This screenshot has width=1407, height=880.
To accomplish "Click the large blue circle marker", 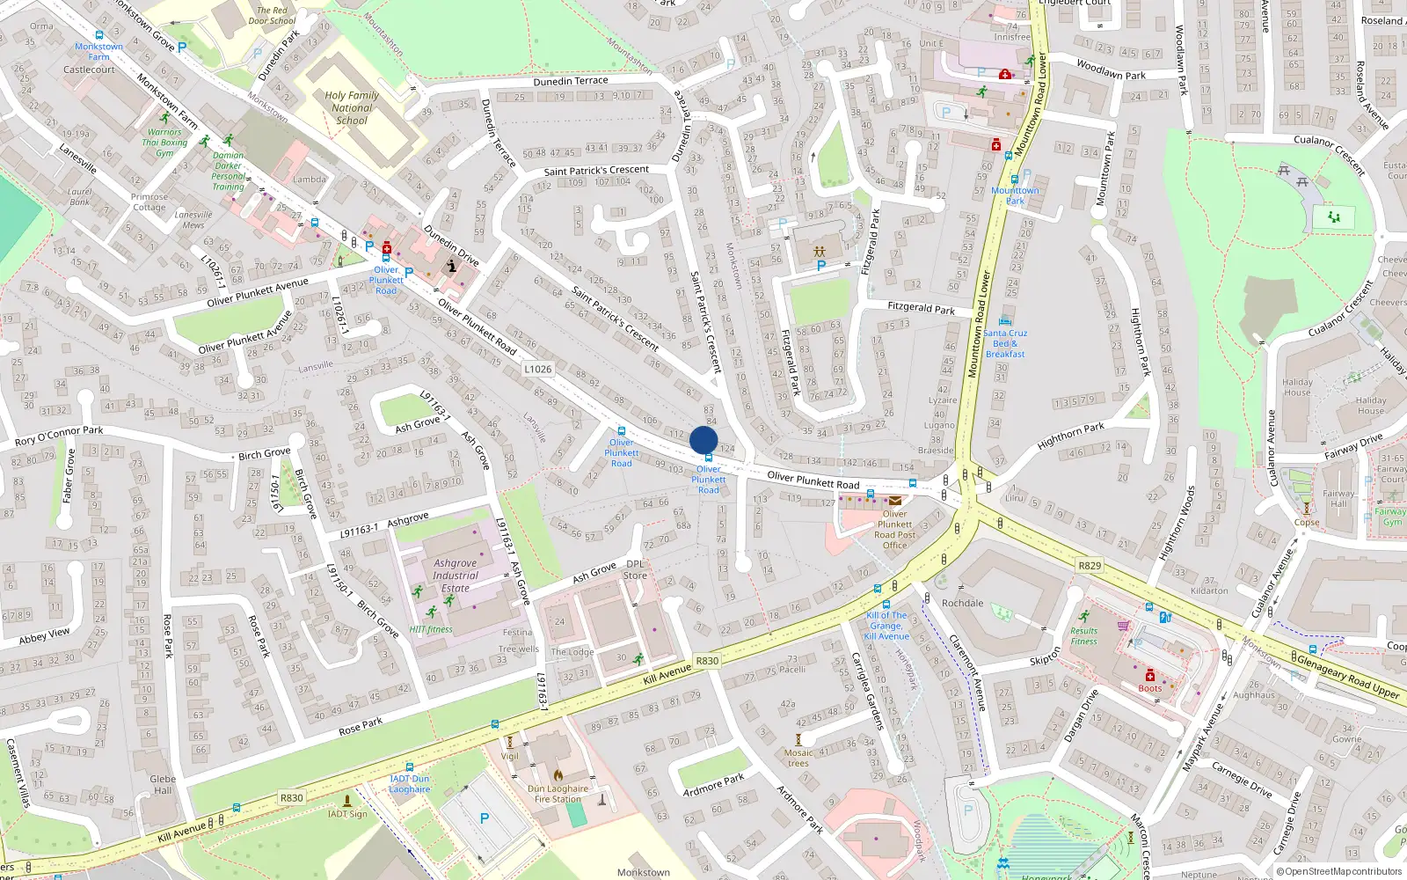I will click(x=703, y=440).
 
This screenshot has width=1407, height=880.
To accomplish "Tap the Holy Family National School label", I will click(x=352, y=107).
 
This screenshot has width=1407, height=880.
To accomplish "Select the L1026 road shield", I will click(x=538, y=369).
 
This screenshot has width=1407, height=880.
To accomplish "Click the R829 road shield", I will click(x=1090, y=565).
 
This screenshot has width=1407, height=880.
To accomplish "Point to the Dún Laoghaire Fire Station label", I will click(x=558, y=794).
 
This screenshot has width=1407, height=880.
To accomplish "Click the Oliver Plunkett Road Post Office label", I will click(x=894, y=530).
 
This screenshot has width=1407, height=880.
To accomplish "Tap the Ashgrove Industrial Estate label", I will click(x=455, y=576).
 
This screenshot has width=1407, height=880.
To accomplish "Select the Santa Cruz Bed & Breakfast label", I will click(x=1005, y=343).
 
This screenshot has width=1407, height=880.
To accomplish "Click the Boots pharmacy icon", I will click(x=1149, y=676).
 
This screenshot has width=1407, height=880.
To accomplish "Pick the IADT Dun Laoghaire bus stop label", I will click(x=410, y=783).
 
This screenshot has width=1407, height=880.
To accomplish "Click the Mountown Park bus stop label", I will click(x=1015, y=195).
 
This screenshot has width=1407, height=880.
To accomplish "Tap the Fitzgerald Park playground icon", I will click(x=820, y=252).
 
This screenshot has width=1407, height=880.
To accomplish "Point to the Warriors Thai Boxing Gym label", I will click(x=164, y=143).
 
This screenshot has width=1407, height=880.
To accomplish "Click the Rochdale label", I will click(x=962, y=603).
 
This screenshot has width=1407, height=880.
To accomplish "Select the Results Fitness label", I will click(x=1083, y=635).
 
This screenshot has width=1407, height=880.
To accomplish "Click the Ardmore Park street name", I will click(x=713, y=784).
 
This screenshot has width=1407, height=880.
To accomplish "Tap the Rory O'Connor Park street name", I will click(x=59, y=436).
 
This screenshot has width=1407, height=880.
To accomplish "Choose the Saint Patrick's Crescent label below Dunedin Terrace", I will click(x=596, y=171).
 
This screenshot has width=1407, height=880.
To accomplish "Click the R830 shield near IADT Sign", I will click(x=291, y=798).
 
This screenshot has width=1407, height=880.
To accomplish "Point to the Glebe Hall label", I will click(x=163, y=784).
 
